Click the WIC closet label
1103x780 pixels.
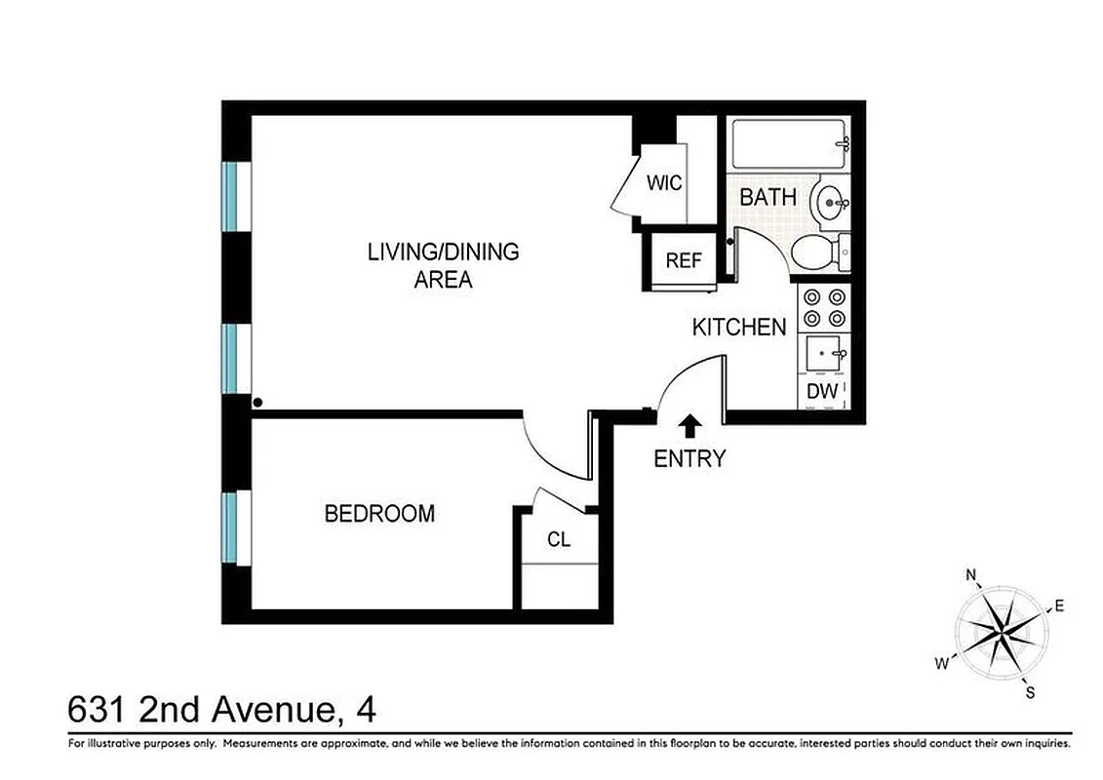664,183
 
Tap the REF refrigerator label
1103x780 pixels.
685,260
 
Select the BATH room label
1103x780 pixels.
768,197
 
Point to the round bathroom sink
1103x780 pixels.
830,204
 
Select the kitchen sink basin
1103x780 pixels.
824,352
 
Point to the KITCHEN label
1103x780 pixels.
738,327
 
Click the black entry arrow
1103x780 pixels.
689,425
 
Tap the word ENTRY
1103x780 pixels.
689,458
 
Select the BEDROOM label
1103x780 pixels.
379,514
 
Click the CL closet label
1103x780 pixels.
558,539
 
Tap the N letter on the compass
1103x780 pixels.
971,574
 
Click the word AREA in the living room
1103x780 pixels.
443,281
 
